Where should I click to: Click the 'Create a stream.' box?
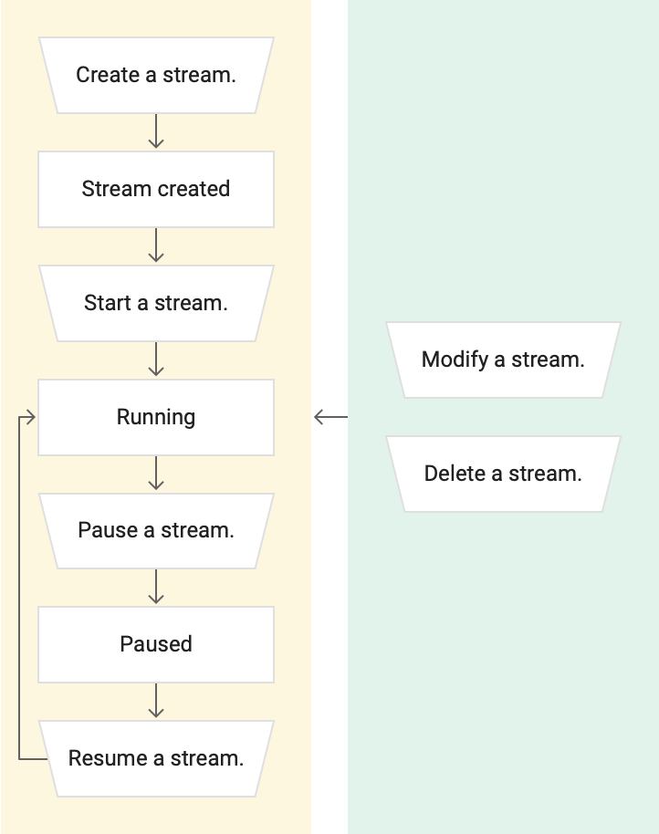tap(156, 75)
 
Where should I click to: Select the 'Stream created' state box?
tap(156, 189)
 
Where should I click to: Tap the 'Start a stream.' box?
tap(156, 303)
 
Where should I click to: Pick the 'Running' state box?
tap(156, 417)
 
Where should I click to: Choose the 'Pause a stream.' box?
tap(156, 530)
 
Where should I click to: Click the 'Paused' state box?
tap(156, 644)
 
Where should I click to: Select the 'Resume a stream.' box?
tap(156, 758)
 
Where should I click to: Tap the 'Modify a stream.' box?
tap(503, 360)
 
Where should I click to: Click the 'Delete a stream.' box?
tap(503, 474)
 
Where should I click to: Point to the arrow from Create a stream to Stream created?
tap(156, 131)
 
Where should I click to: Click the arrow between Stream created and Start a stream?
tap(156, 245)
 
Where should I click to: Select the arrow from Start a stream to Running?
tap(156, 360)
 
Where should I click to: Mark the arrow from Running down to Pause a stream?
tap(156, 474)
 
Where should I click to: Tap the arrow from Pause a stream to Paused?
tap(156, 587)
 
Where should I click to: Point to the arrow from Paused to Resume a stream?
tap(156, 701)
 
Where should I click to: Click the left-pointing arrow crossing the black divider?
tap(329, 417)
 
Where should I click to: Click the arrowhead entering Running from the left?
tap(30, 417)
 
